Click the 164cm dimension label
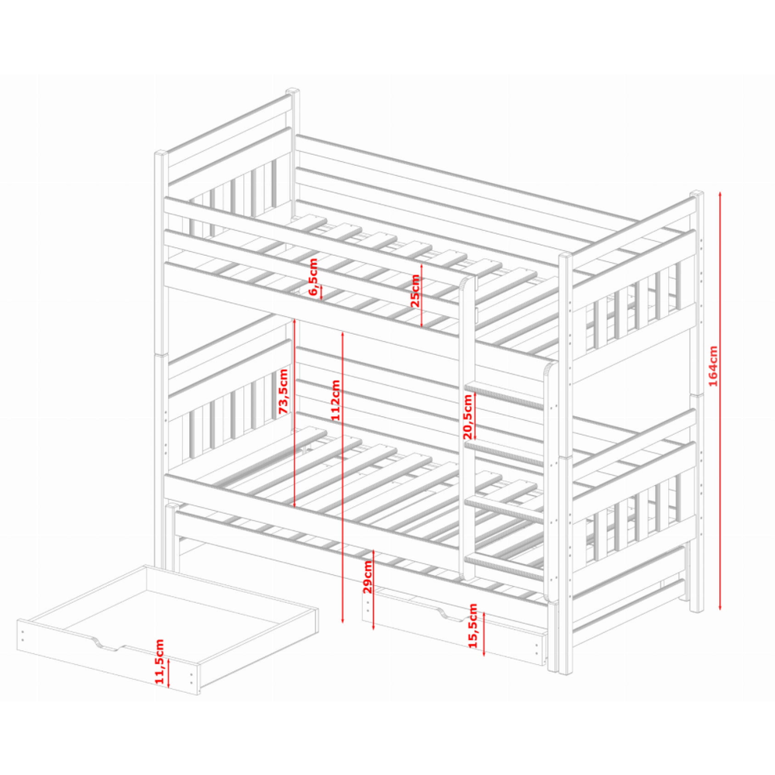click(x=713, y=367)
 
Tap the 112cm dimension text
click(x=336, y=400)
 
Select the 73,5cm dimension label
click(x=283, y=391)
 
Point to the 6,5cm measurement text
click(x=313, y=277)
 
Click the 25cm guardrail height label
click(x=415, y=291)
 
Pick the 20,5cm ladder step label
click(x=467, y=417)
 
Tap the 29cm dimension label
click(x=367, y=577)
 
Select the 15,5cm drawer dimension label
click(x=473, y=625)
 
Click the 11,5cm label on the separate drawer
click(x=159, y=662)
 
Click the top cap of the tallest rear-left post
click(x=293, y=91)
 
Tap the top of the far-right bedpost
click(x=697, y=193)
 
